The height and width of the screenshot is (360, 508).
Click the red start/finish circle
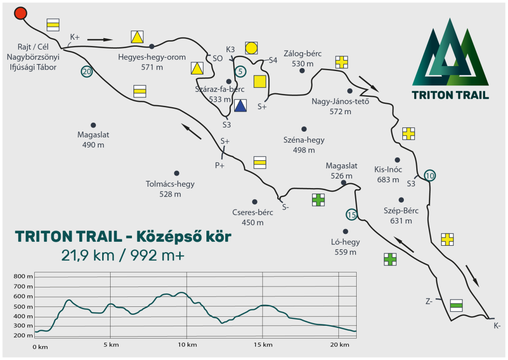(20, 13)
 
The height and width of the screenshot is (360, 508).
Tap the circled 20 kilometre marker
(87, 72)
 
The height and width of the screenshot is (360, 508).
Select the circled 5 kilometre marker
(241, 71)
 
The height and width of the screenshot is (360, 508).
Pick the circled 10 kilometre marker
(430, 175)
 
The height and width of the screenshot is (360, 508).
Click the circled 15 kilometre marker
(352, 215)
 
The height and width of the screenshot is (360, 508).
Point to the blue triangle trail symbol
(241, 106)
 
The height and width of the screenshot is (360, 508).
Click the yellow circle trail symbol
(252, 48)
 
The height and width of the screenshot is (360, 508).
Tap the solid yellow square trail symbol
(260, 82)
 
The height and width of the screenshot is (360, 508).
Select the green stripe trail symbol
(456, 305)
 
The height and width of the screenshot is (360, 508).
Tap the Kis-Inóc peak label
(388, 169)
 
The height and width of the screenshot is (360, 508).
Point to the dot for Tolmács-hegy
(177, 173)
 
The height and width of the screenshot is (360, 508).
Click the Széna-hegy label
(304, 140)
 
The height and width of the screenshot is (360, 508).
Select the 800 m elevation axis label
(23, 276)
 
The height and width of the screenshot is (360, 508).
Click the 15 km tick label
(263, 345)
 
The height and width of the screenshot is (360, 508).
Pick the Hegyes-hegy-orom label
(152, 57)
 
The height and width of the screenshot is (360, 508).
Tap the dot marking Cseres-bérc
(254, 202)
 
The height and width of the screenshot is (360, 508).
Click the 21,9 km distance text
(87, 256)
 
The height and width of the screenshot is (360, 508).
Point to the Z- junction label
(429, 301)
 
